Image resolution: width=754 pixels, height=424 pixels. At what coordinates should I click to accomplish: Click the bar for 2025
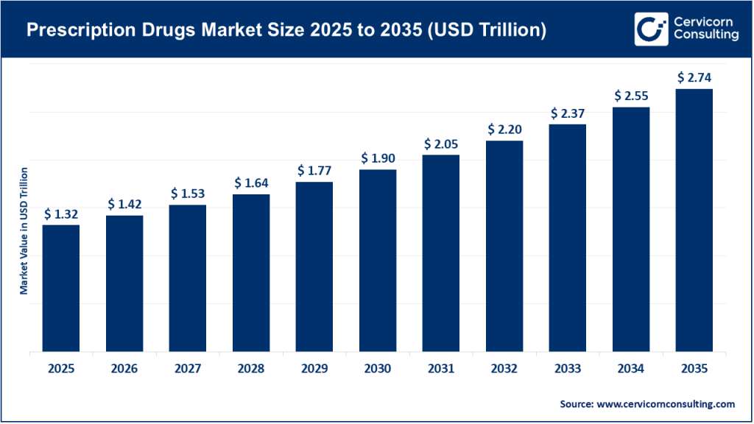pos(61,288)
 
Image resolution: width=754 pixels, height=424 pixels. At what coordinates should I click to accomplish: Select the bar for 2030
pos(378,261)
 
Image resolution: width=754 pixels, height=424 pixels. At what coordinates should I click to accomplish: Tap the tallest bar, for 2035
pos(694,220)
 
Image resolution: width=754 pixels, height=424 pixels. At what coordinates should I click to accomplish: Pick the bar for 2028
pos(251,273)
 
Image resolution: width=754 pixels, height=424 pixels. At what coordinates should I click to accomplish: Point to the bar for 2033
pos(567,238)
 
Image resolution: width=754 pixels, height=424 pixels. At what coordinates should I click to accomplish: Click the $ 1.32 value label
pos(61,214)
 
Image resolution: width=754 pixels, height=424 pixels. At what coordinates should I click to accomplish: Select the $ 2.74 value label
pos(694,78)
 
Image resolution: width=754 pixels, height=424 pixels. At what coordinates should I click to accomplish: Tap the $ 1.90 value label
pos(378,159)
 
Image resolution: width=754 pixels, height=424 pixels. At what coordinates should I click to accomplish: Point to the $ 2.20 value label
pos(504,130)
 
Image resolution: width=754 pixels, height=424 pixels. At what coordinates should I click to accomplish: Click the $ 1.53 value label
pos(188,194)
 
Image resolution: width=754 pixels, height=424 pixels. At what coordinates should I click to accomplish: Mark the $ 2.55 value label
pos(630,96)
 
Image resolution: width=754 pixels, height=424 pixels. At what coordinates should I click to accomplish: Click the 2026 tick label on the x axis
pos(124,369)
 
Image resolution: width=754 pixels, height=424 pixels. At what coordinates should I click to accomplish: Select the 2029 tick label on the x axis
pos(314,369)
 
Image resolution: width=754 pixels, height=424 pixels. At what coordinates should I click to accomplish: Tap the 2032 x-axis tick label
pos(504,369)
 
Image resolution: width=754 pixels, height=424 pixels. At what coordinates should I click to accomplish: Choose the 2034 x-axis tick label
pos(630,369)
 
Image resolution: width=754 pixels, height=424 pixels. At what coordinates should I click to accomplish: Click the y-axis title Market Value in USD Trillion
pos(24,231)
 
